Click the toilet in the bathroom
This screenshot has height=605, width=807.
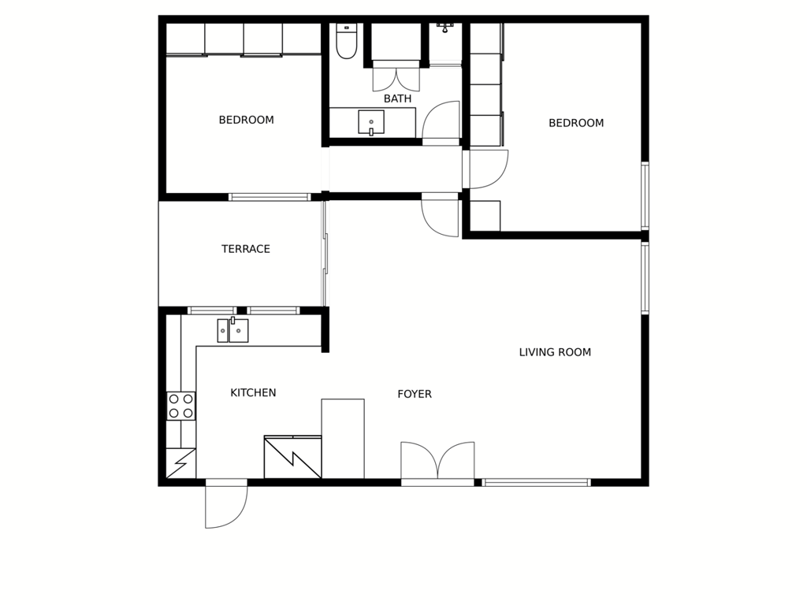point(347,41)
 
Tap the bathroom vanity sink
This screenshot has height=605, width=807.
point(371,122)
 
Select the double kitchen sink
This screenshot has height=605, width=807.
point(232,330)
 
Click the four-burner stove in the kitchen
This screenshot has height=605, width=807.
point(180,406)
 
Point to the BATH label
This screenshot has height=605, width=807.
point(397,98)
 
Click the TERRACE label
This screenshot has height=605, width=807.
point(246,249)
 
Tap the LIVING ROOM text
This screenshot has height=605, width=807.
point(555,352)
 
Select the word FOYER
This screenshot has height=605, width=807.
point(415,394)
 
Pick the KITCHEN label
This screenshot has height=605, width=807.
point(253,392)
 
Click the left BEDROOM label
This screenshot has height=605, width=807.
point(246,120)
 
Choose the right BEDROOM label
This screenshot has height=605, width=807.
point(576,123)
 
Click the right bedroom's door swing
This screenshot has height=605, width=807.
point(485,169)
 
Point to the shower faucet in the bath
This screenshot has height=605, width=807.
point(444,28)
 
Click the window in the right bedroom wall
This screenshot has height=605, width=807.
point(645,195)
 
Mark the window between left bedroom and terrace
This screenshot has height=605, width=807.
point(270,197)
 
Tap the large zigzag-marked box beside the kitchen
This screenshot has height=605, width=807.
point(293,458)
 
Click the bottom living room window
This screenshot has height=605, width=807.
point(536,483)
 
